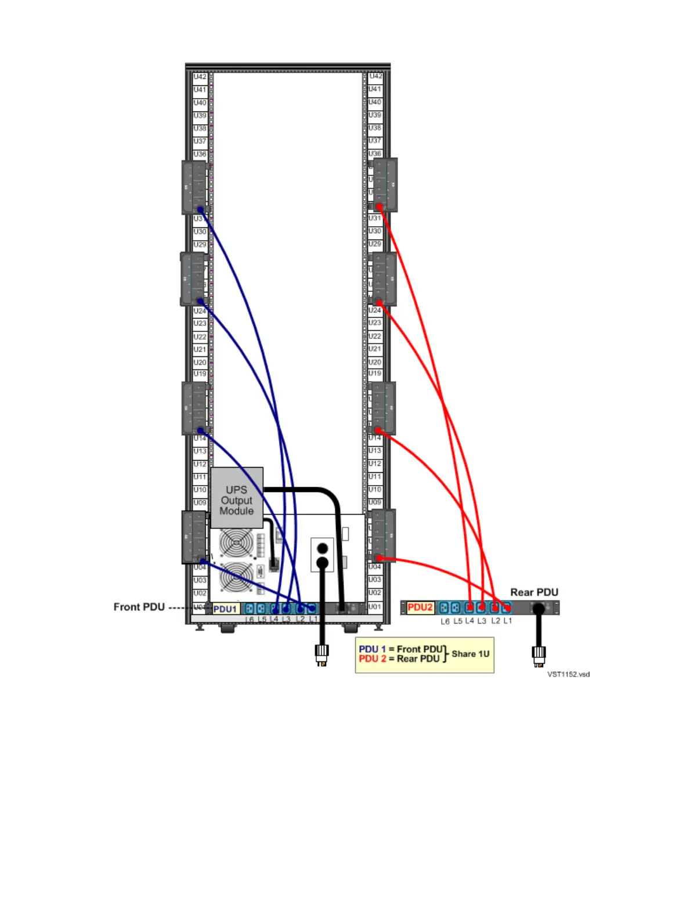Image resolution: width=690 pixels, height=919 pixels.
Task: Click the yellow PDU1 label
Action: point(225,609)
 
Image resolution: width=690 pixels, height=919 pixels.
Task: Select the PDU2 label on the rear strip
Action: point(420,607)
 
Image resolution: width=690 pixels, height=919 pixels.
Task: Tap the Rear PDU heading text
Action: point(534,592)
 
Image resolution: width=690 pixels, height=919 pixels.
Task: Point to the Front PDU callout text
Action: point(139,607)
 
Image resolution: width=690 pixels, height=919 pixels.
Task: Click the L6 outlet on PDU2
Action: point(444,608)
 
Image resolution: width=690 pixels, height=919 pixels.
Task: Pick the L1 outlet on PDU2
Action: point(507,608)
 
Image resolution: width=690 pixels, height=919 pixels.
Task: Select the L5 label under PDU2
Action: point(457,621)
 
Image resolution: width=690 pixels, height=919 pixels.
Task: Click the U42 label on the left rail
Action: point(200,77)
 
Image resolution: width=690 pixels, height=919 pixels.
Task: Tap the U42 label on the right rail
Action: point(375,76)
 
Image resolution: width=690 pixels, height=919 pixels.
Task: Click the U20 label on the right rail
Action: point(375,361)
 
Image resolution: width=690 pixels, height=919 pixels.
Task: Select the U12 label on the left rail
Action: point(200,464)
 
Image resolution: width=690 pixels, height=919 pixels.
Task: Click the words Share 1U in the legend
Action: point(470,654)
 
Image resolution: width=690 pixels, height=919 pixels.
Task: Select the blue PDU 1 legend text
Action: point(372,649)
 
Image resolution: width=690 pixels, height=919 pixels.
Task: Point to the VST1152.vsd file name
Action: point(568,674)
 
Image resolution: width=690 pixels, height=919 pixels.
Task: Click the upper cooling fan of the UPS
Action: point(236,543)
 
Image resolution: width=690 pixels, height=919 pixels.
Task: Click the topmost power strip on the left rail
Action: point(194,187)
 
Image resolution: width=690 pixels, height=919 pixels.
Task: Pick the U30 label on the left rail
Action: point(200,231)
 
